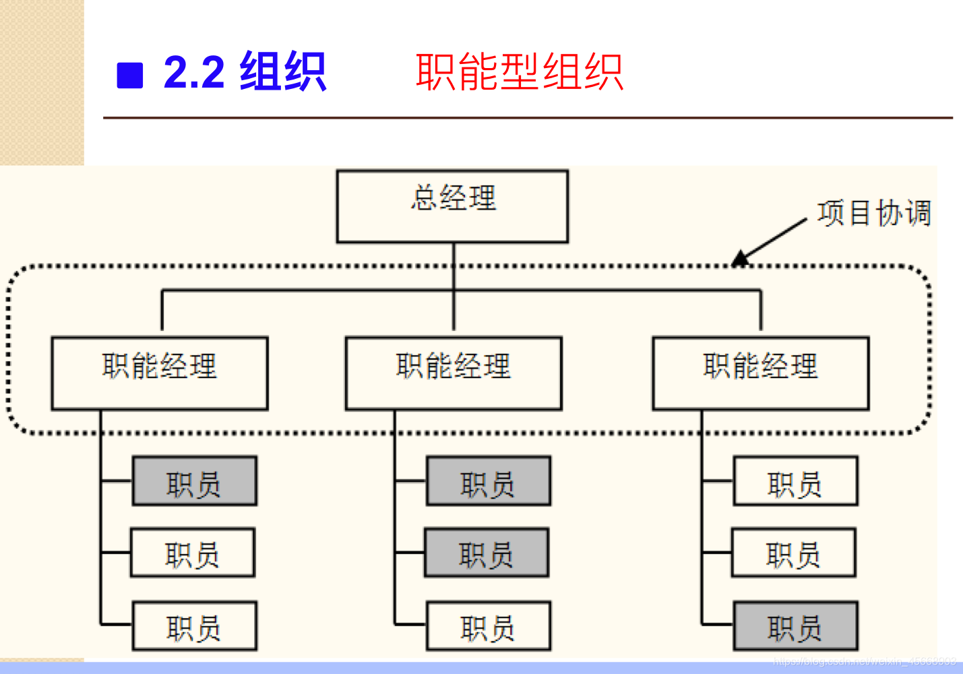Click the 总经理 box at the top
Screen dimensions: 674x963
point(452,206)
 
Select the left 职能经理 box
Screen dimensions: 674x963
point(160,373)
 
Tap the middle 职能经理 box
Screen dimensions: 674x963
point(454,373)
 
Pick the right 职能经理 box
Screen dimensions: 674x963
point(761,373)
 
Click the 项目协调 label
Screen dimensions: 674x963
point(874,214)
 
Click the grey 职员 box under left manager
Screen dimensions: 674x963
point(194,481)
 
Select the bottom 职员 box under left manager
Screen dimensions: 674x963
point(194,626)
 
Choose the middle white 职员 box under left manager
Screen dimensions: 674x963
point(193,553)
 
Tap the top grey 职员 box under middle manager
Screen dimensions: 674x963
point(489,481)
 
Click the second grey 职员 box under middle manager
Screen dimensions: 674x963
point(487,553)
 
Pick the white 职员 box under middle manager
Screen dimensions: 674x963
point(489,626)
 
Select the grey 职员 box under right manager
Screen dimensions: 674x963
point(796,626)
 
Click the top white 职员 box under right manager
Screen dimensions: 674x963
point(796,481)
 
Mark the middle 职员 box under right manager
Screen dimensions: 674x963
point(794,553)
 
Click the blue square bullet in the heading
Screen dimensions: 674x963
point(130,75)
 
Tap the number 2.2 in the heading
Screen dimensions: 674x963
point(194,72)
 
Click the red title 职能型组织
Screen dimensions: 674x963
point(519,72)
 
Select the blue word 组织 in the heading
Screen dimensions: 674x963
point(283,71)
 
